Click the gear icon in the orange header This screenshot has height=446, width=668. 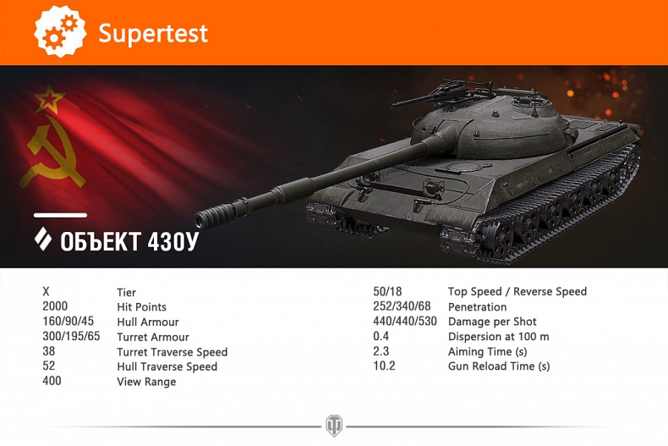(x=60, y=32)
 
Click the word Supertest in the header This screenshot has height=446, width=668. (x=153, y=34)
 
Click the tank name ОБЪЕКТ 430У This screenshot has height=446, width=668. (x=129, y=240)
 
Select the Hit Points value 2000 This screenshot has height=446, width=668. (x=55, y=306)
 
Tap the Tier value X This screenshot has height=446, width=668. (x=46, y=292)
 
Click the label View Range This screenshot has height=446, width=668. (x=146, y=382)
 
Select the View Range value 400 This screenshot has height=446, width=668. (x=52, y=381)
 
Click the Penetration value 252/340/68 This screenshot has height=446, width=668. (x=402, y=306)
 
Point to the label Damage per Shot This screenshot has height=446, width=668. (x=492, y=322)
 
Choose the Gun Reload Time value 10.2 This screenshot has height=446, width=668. (x=384, y=366)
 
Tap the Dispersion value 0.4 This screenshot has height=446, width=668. (x=381, y=336)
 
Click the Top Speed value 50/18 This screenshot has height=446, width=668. (x=387, y=292)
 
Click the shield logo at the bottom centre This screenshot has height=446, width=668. (x=334, y=426)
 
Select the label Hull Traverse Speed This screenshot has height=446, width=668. (x=167, y=366)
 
